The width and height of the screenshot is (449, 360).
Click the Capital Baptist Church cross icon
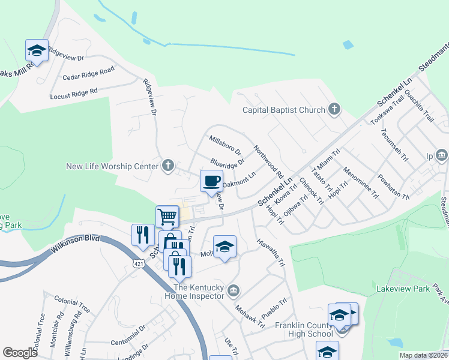tap(334, 110)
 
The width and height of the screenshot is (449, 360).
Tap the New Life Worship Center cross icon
tap(169, 165)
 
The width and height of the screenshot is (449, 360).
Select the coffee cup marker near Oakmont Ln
tap(211, 181)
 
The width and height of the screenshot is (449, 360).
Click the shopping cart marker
tap(167, 216)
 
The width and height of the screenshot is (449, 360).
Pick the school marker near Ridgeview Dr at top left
tap(37, 50)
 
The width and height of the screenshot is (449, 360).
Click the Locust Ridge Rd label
tap(73, 93)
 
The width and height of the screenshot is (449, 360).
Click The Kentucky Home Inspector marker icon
tap(235, 291)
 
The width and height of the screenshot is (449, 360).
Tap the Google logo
tap(20, 353)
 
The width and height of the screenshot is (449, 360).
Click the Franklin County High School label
tap(304, 329)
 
